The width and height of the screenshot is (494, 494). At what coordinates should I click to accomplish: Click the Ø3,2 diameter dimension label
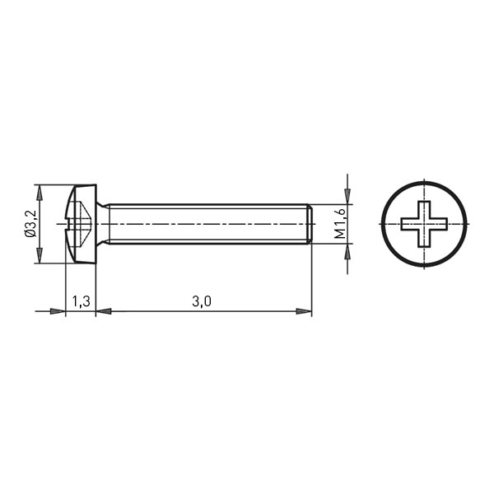point(30,224)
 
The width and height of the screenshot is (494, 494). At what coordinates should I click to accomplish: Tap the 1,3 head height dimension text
point(81,301)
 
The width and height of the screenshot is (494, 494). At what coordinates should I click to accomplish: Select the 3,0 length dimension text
point(202,301)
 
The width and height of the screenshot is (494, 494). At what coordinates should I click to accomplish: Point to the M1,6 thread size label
point(340,224)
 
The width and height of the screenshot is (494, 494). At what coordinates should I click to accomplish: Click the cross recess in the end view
point(424,224)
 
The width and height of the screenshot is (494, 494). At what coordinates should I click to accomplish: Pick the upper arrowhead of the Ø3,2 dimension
point(39,193)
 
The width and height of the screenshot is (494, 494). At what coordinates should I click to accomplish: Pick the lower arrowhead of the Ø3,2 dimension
point(39,255)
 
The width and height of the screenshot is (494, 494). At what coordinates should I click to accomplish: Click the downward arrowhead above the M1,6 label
point(347,196)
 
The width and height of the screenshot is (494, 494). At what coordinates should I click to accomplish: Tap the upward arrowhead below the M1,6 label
point(347,251)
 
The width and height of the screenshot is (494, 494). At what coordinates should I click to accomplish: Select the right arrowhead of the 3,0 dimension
point(304,311)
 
